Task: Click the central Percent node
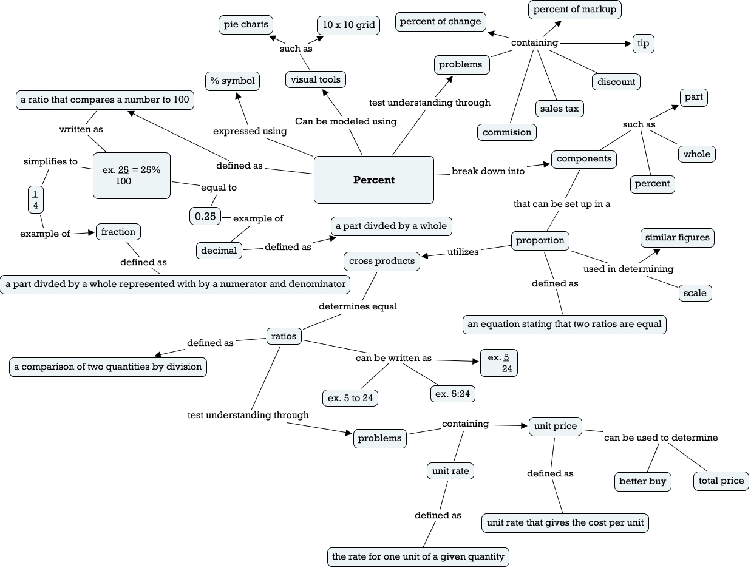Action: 374,180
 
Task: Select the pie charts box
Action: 246,25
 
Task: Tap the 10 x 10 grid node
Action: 349,25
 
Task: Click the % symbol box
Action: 233,81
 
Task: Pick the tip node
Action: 644,44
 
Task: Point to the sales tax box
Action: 559,109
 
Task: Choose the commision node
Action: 507,132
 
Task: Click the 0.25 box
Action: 205,216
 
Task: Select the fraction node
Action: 118,232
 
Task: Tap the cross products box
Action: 382,261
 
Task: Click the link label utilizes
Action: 463,252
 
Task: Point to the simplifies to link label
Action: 51,161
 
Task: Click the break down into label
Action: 488,171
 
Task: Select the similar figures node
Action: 678,237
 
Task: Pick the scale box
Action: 695,293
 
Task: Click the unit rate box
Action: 450,471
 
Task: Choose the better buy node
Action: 642,481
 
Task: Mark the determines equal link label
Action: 358,306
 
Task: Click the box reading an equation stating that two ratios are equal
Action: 564,324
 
